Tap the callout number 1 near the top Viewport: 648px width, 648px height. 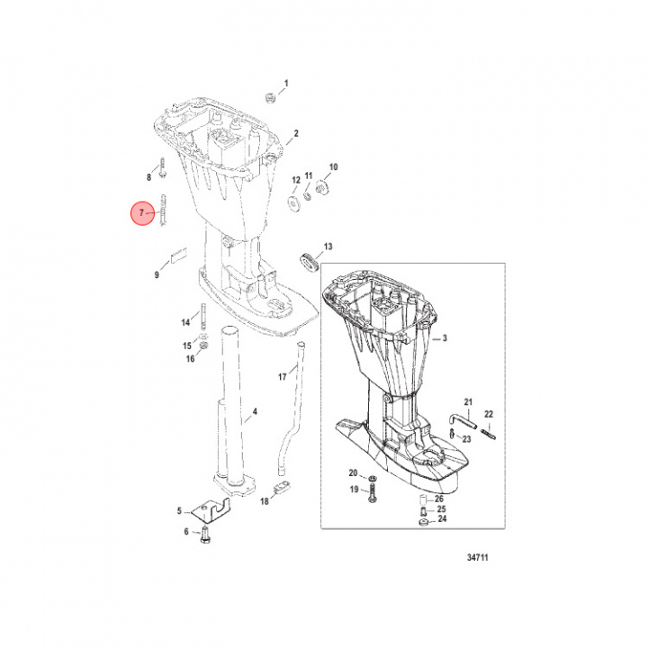coord(287,85)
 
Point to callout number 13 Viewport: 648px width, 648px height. coord(328,247)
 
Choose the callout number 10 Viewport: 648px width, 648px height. coord(333,167)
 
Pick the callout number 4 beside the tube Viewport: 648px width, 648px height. coord(255,412)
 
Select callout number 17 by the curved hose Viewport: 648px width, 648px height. coord(281,376)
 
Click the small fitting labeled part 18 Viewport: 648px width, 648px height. coord(279,487)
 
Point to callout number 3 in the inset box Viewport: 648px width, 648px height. coord(445,339)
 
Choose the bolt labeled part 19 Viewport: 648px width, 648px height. coord(370,491)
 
